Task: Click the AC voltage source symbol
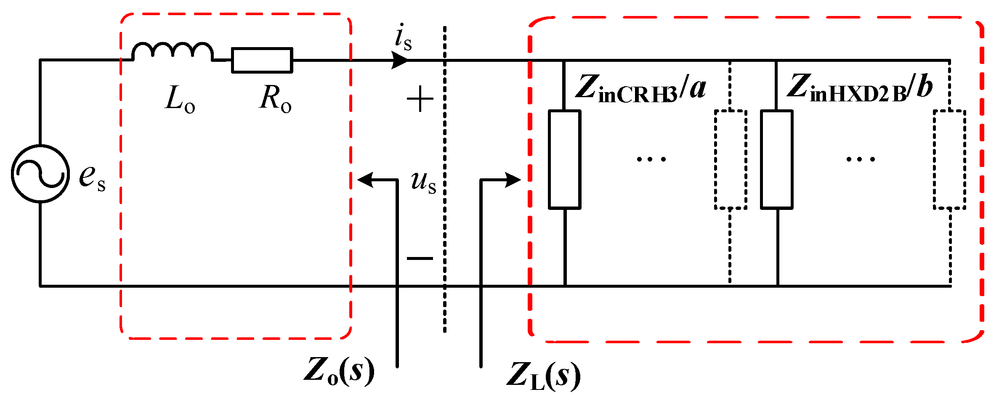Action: point(40,173)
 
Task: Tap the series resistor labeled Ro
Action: point(262,60)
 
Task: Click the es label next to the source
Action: point(92,177)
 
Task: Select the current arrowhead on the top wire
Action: point(399,60)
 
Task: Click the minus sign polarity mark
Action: point(420,258)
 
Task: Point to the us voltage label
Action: point(423,182)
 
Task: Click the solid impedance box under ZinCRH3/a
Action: point(565,159)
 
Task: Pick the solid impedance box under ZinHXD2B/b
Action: point(777,159)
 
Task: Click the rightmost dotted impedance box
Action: point(950,159)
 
